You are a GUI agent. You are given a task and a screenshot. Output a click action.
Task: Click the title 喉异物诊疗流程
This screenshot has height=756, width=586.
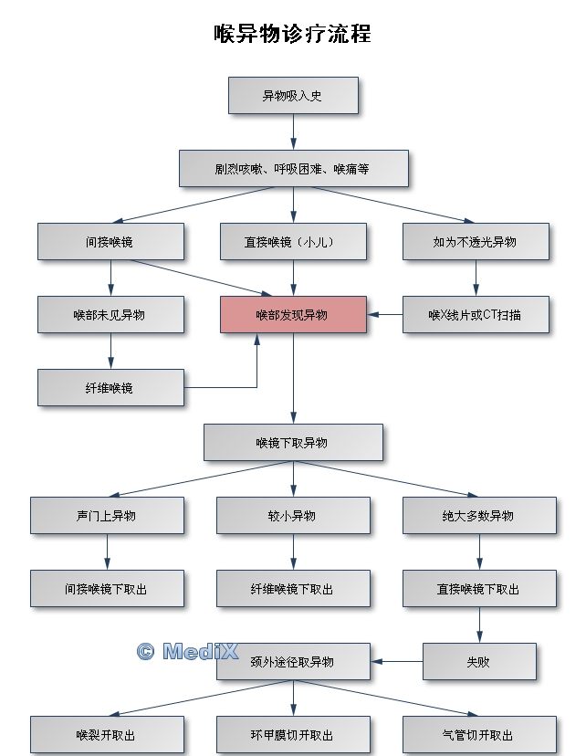point(292,35)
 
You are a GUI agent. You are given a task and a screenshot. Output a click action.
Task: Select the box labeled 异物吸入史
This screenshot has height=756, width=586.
point(292,95)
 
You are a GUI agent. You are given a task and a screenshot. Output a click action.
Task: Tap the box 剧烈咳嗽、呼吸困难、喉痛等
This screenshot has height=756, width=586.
point(292,168)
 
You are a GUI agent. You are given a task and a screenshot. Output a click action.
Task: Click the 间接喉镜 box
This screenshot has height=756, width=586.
point(110,241)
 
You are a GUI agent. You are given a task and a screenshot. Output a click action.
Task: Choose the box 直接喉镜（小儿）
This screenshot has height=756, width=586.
point(292,241)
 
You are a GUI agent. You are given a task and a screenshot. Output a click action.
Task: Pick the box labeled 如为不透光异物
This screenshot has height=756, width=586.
point(475,241)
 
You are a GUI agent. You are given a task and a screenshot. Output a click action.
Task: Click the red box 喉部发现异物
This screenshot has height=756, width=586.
point(292,314)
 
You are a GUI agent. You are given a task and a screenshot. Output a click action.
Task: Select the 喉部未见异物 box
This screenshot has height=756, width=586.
point(110,314)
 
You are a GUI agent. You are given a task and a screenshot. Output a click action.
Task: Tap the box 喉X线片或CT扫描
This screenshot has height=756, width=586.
point(475,314)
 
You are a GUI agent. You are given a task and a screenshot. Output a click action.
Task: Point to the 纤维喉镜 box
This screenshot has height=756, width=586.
point(110,387)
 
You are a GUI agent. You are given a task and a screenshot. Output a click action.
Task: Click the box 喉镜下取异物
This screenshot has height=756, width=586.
point(292,442)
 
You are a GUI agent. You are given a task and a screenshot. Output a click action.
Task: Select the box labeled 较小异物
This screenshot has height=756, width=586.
point(292,515)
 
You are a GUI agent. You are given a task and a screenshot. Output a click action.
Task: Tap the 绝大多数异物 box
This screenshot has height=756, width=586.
point(478,515)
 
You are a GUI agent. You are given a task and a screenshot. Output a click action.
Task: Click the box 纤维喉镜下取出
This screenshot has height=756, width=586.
point(292,589)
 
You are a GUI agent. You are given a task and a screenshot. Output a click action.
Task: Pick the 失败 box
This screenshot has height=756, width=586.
point(478,661)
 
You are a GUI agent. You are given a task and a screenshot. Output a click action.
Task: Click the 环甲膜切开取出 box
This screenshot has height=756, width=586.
point(292,734)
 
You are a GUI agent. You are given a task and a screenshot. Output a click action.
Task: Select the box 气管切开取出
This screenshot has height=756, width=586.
point(478,734)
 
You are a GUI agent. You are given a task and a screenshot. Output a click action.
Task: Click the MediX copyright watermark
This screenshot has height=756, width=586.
point(187,651)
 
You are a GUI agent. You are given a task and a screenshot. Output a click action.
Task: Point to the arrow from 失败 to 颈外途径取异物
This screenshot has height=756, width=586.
point(397,661)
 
